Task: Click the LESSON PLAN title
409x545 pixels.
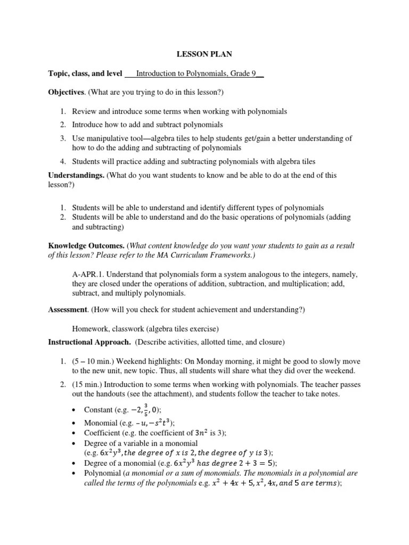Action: [x=204, y=54]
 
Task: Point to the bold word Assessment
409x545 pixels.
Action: [x=68, y=309]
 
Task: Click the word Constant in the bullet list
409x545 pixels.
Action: [x=99, y=409]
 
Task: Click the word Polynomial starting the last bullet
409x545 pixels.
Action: [x=102, y=473]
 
